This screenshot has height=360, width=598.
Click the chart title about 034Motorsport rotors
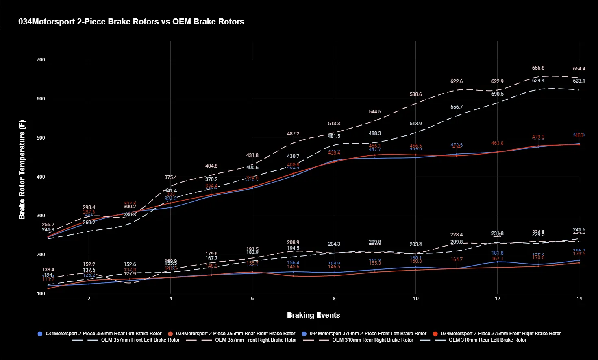[131, 22]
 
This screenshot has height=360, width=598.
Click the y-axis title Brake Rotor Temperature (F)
[22, 170]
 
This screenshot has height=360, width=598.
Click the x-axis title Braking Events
[313, 315]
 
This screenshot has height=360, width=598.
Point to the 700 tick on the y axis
[41, 60]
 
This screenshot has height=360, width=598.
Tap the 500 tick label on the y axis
[41, 138]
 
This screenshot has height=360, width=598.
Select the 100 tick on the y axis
[41, 294]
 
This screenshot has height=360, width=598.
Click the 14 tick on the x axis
[579, 299]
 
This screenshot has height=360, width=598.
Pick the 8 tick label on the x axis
[334, 299]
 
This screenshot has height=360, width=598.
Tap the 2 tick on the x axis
[89, 299]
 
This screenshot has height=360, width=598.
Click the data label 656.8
[538, 68]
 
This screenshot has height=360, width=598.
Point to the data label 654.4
[579, 69]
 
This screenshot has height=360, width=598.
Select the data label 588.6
[416, 94]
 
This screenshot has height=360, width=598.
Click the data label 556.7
[457, 107]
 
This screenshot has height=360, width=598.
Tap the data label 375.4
[171, 177]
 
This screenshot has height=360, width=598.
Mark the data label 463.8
[497, 143]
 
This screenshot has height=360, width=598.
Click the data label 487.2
[293, 134]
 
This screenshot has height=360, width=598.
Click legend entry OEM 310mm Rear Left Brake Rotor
[487, 340]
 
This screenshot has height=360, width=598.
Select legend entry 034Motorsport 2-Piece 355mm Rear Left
[103, 334]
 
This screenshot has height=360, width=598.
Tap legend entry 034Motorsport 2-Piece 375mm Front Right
[500, 334]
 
